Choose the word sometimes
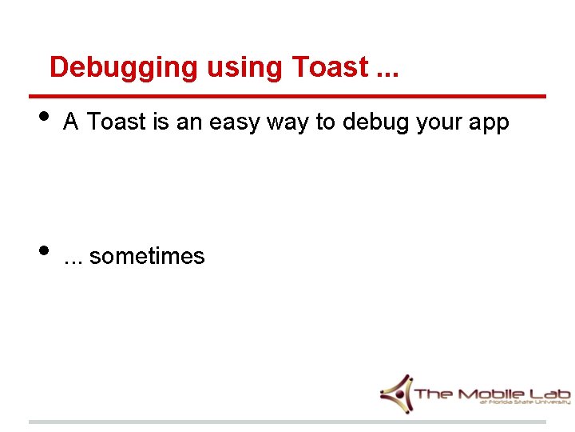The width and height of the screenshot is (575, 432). click(x=147, y=257)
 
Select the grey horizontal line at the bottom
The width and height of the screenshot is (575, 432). click(x=287, y=422)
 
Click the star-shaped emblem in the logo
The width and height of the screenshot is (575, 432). click(x=396, y=393)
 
